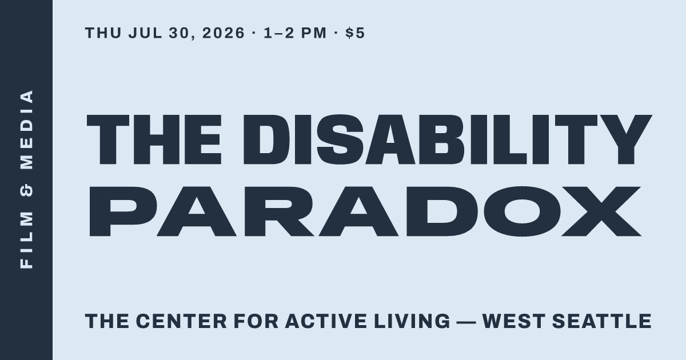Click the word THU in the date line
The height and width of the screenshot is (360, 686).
(103, 33)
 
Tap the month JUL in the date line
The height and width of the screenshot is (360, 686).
(145, 33)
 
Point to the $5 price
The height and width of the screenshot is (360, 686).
(355, 33)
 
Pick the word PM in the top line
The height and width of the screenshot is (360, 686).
(314, 33)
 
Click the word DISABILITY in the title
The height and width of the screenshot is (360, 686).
(448, 139)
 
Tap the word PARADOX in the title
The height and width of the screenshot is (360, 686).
(365, 211)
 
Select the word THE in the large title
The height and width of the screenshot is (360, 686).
(154, 139)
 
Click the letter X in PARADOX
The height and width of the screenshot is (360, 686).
(601, 211)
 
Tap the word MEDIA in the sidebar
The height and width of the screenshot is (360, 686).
(27, 130)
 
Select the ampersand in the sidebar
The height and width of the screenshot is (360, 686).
(27, 190)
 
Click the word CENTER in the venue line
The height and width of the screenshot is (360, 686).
(181, 321)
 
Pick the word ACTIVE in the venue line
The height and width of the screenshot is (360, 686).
(326, 321)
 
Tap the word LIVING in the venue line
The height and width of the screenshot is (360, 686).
(412, 321)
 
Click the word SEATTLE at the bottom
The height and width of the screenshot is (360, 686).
(602, 321)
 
